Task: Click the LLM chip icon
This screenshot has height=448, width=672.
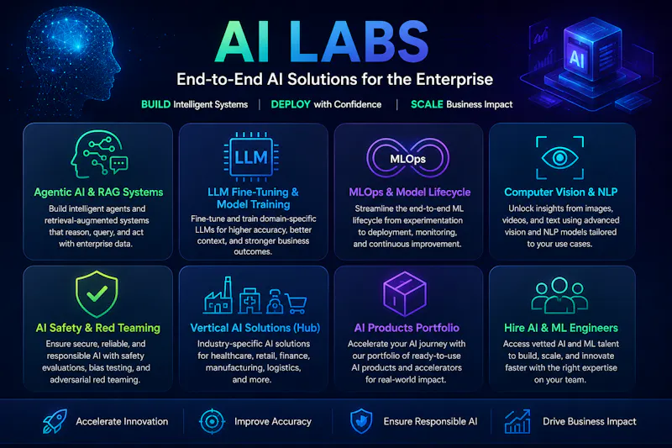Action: pos(251,157)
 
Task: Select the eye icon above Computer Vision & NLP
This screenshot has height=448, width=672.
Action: pos(559,158)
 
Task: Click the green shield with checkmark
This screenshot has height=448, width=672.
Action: pos(97,293)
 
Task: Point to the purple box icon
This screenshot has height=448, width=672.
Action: pos(405,294)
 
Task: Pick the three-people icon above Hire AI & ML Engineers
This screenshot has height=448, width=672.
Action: pos(559,295)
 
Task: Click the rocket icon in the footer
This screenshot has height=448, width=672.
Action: pos(55,421)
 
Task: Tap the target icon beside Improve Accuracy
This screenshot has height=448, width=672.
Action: pos(212,421)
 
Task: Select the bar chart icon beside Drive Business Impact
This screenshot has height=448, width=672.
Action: pos(517,421)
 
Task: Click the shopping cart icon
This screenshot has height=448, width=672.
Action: pos(297,304)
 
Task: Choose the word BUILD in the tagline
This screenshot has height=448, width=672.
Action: pos(156,104)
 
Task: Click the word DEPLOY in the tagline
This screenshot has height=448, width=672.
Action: pos(291,104)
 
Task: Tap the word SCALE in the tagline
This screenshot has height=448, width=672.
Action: pos(427,104)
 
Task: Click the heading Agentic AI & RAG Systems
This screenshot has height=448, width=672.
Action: pos(98,192)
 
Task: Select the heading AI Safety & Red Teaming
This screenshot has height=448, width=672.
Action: pos(98,328)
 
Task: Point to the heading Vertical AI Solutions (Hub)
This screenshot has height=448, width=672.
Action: pos(255,328)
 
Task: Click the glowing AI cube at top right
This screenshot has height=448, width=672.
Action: pos(592,50)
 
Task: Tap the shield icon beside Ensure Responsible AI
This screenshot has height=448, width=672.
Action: pos(361,421)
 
